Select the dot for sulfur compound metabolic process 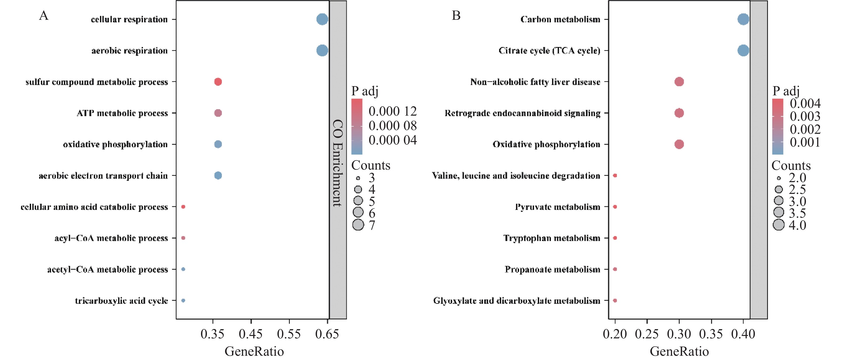pyautogui.click(x=218, y=82)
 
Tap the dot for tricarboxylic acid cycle pyautogui.click(x=183, y=300)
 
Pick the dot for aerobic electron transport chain pyautogui.click(x=218, y=175)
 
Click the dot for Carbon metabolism pyautogui.click(x=743, y=19)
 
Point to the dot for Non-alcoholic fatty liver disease pyautogui.click(x=679, y=82)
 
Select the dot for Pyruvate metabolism pyautogui.click(x=615, y=207)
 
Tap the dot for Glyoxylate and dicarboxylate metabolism pyautogui.click(x=615, y=300)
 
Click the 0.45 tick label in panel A pyautogui.click(x=251, y=334)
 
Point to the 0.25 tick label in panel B pyautogui.click(x=647, y=334)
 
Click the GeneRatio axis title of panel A pyautogui.click(x=254, y=351)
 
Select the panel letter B pyautogui.click(x=456, y=15)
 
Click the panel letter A pyautogui.click(x=44, y=15)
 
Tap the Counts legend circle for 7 pyautogui.click(x=358, y=225)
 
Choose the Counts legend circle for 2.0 pyautogui.click(x=779, y=178)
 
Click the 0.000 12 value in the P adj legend pyautogui.click(x=393, y=111)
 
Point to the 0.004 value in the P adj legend pyautogui.click(x=805, y=104)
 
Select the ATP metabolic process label pyautogui.click(x=122, y=113)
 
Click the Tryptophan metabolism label pyautogui.click(x=552, y=238)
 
